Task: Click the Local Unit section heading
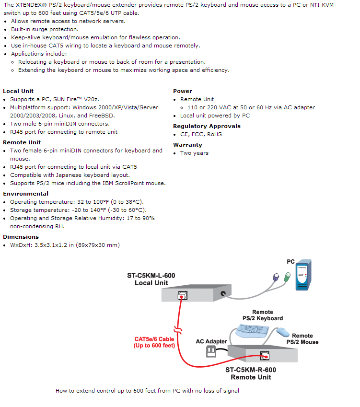pos(18,91)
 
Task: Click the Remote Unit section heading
pos(22,142)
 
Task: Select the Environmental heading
pos(26,194)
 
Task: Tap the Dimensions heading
pos(21,237)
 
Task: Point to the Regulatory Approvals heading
pos(207,126)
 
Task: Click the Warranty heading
pos(187,145)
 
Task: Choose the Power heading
pos(183,91)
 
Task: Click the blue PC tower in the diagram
pos(303,275)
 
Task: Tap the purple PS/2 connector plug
pos(276,277)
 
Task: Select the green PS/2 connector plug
pos(287,277)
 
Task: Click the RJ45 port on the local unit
pos(183,295)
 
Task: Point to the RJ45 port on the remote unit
pos(265,356)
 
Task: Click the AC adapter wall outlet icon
pos(211,352)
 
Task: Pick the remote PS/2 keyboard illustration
pos(252,331)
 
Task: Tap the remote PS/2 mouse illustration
pos(283,332)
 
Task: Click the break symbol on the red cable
pos(178,330)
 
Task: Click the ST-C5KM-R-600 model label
pos(251,370)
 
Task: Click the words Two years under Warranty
pos(195,153)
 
